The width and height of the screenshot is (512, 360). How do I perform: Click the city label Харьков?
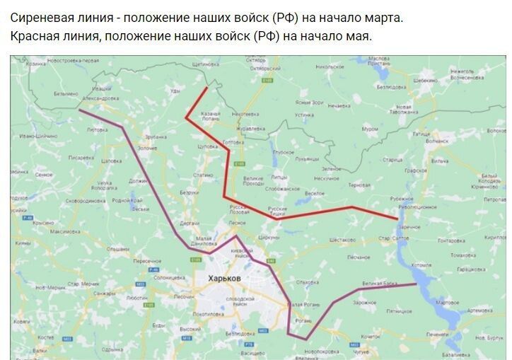pos(225,279)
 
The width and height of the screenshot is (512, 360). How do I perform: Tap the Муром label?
pos(369,129)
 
